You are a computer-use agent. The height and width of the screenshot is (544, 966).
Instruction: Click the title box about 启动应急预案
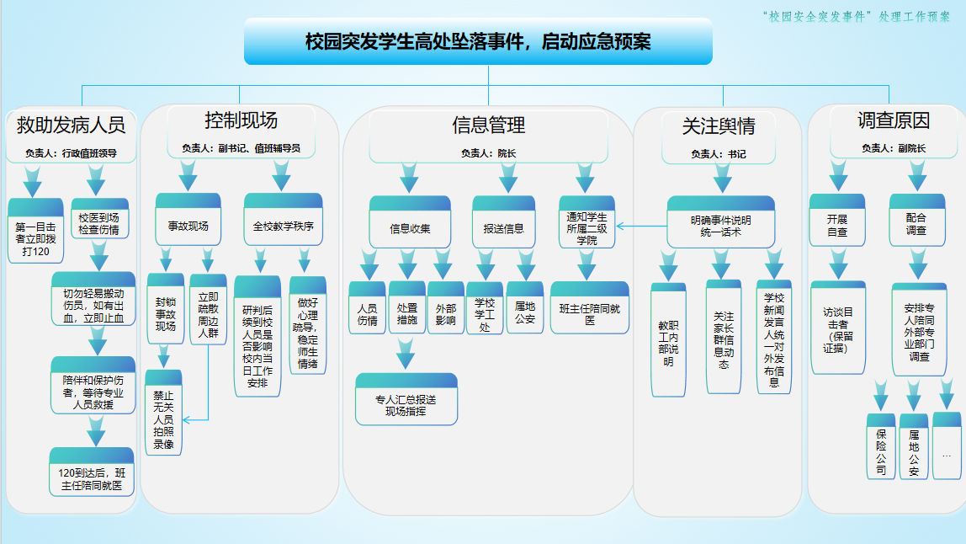pos(478,41)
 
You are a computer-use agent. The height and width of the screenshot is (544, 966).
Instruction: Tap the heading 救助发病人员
pos(71,125)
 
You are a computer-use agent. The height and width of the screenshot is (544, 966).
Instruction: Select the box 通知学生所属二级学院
pos(586,224)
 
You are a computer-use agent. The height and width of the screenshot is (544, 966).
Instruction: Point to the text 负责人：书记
pos(718,154)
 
